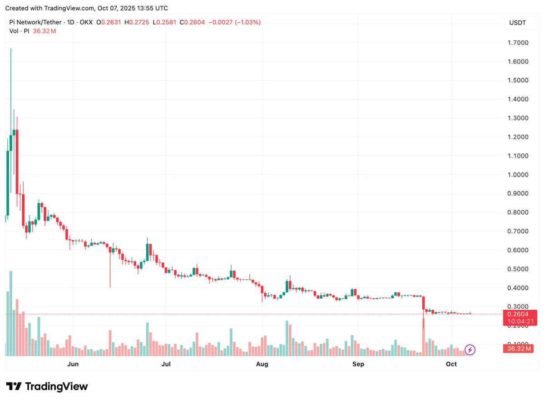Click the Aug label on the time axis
coord(262,364)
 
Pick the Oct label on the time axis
coord(451,364)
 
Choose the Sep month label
coord(358,364)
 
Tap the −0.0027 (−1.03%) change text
coord(234,22)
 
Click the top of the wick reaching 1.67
coord(11,49)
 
